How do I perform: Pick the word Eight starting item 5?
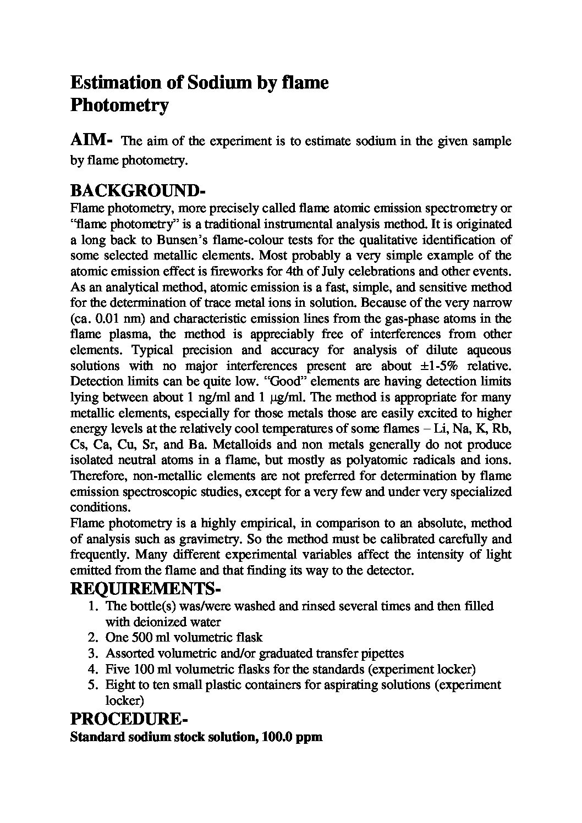click(118, 684)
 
